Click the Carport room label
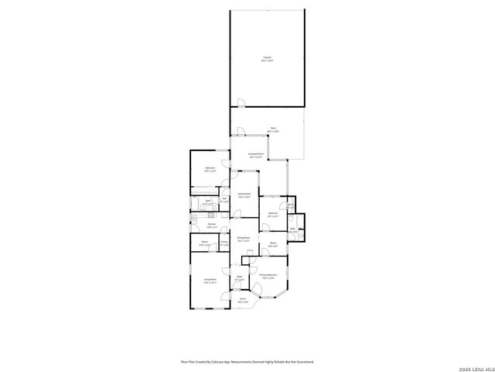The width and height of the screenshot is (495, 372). click(x=267, y=57)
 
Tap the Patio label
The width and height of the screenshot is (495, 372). click(x=272, y=129)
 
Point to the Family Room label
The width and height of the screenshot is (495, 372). click(x=244, y=193)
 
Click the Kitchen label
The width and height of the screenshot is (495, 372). click(x=211, y=224)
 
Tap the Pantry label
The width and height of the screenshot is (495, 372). click(x=224, y=243)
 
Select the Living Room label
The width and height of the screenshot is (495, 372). click(x=210, y=278)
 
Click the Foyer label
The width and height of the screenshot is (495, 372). click(x=241, y=275)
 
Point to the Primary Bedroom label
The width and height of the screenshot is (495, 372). click(x=268, y=274)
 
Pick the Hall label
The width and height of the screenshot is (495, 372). click(x=224, y=198)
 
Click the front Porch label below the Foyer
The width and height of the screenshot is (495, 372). click(x=242, y=298)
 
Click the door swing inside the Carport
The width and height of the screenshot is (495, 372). click(x=240, y=103)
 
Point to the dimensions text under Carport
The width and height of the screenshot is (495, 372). click(x=267, y=60)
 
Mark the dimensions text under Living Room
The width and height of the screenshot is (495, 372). click(x=210, y=282)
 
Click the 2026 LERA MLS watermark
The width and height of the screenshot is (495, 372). click(x=476, y=367)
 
